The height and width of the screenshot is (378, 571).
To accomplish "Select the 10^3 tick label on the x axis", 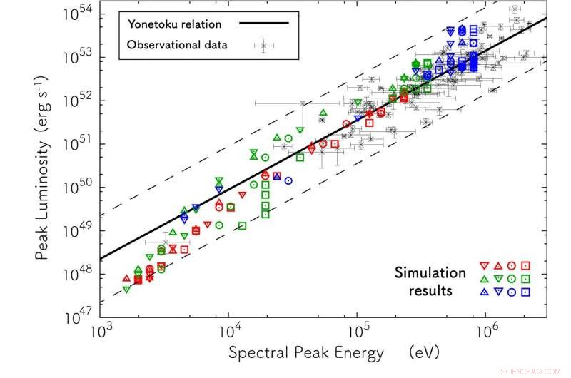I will (x=101, y=333).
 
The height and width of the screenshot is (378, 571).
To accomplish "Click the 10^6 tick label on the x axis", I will (x=487, y=333).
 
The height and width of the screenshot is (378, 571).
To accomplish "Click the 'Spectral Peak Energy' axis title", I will (x=305, y=353).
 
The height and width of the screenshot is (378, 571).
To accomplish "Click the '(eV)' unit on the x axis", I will (x=422, y=353).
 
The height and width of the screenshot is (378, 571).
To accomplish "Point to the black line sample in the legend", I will (x=264, y=23).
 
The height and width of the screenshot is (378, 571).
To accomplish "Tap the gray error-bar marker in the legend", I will (x=264, y=45).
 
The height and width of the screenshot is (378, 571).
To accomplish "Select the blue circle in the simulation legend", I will (x=512, y=292).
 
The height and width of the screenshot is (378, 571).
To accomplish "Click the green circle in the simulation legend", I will (x=512, y=278).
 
